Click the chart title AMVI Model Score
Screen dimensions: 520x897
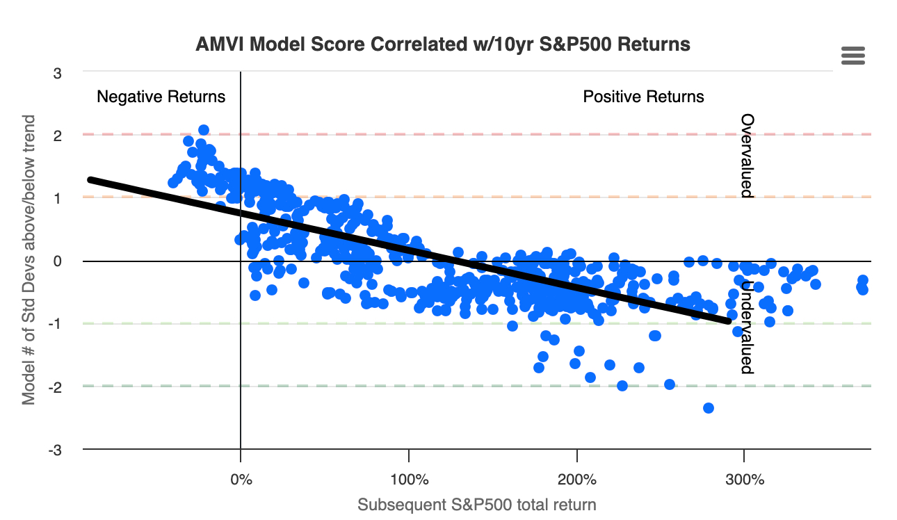click(444, 44)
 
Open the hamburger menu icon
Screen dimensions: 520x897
click(852, 56)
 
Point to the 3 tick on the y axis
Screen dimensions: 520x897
click(57, 72)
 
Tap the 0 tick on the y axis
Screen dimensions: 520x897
click(57, 261)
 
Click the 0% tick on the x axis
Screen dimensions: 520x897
click(241, 480)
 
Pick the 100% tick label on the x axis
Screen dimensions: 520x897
click(409, 480)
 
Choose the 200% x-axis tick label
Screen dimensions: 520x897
click(577, 480)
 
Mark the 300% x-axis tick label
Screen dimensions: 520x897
click(745, 480)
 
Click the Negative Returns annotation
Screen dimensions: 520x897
click(161, 97)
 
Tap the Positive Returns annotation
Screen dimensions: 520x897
click(643, 97)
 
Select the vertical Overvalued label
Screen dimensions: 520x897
click(746, 156)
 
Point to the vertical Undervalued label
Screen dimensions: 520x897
click(746, 327)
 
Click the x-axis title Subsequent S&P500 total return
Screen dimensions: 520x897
click(477, 505)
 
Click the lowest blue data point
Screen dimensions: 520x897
click(709, 407)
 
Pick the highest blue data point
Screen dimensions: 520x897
click(204, 130)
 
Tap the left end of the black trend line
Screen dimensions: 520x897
click(90, 179)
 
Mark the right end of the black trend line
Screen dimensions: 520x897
click(728, 320)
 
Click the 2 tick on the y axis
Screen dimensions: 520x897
click(57, 136)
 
